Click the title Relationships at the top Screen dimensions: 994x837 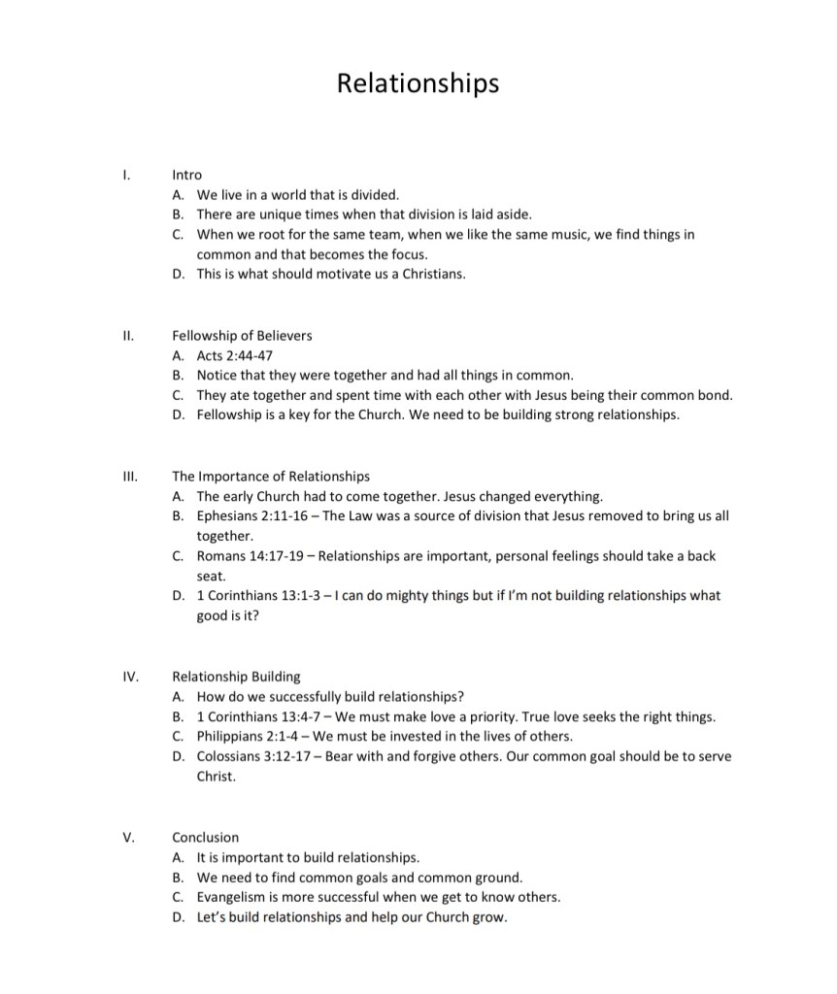point(418,83)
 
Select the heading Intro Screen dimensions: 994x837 point(186,175)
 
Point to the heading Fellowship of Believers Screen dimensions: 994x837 point(242,336)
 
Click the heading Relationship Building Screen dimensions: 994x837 point(236,677)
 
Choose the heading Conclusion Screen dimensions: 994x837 point(205,837)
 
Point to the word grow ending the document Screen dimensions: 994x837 point(489,917)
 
